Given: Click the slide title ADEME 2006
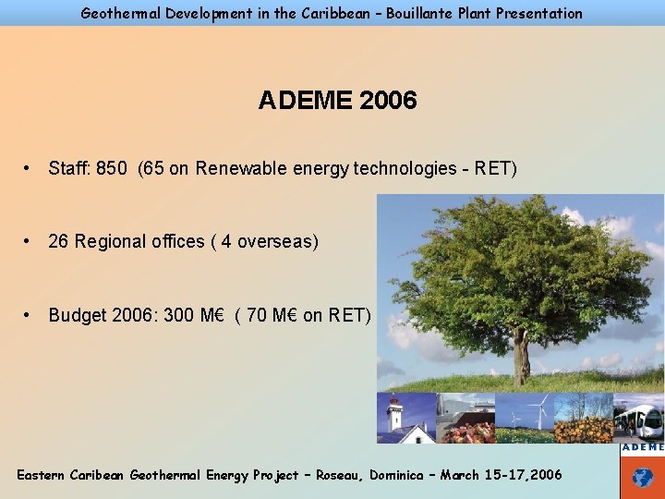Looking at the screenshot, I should tap(337, 100).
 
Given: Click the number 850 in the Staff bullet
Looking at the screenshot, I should tap(111, 168).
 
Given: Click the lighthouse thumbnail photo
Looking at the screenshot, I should tap(394, 418).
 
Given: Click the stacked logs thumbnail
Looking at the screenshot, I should tap(585, 428).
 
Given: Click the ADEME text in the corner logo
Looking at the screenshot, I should tap(642, 447).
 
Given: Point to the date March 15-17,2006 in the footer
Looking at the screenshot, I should tap(501, 475).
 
